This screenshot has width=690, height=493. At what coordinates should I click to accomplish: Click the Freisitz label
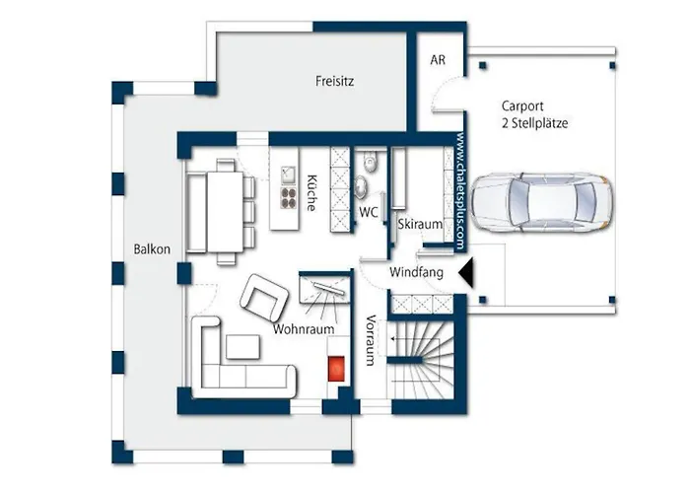(334, 81)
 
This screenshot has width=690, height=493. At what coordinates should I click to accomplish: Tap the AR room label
(438, 60)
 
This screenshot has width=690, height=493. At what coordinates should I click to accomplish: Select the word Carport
(522, 106)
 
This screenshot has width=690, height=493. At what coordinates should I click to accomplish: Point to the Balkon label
(152, 249)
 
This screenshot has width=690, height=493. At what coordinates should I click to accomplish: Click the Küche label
(311, 193)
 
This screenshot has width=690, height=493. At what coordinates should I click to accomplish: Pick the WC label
(369, 212)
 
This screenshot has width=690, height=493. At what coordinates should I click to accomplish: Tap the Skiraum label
(420, 224)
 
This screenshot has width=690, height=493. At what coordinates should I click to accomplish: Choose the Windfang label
(416, 272)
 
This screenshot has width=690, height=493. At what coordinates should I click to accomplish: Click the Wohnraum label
(304, 328)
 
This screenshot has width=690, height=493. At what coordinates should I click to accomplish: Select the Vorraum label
(370, 340)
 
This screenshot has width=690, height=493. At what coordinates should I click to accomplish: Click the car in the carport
(541, 202)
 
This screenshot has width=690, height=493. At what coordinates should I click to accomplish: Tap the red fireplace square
(337, 368)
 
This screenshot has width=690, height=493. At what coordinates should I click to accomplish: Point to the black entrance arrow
(466, 273)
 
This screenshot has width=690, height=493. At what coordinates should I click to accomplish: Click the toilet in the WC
(371, 162)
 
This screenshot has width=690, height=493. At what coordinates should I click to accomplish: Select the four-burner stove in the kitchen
(289, 198)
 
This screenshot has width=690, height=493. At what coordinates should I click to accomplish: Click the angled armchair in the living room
(263, 298)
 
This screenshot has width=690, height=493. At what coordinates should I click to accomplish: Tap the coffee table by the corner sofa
(242, 347)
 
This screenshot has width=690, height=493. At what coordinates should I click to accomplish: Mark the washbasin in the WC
(362, 185)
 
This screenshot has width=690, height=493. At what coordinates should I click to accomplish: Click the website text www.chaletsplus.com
(460, 191)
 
